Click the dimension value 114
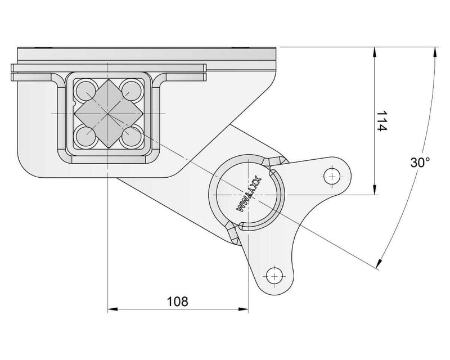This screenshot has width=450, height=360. [x=381, y=121]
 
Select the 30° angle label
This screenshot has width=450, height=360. [x=420, y=163]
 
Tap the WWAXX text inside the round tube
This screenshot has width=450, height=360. [x=247, y=193]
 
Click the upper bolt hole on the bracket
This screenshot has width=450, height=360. [x=332, y=176]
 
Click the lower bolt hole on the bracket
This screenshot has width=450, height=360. [x=273, y=276]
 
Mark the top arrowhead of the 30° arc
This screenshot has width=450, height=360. [x=434, y=52]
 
